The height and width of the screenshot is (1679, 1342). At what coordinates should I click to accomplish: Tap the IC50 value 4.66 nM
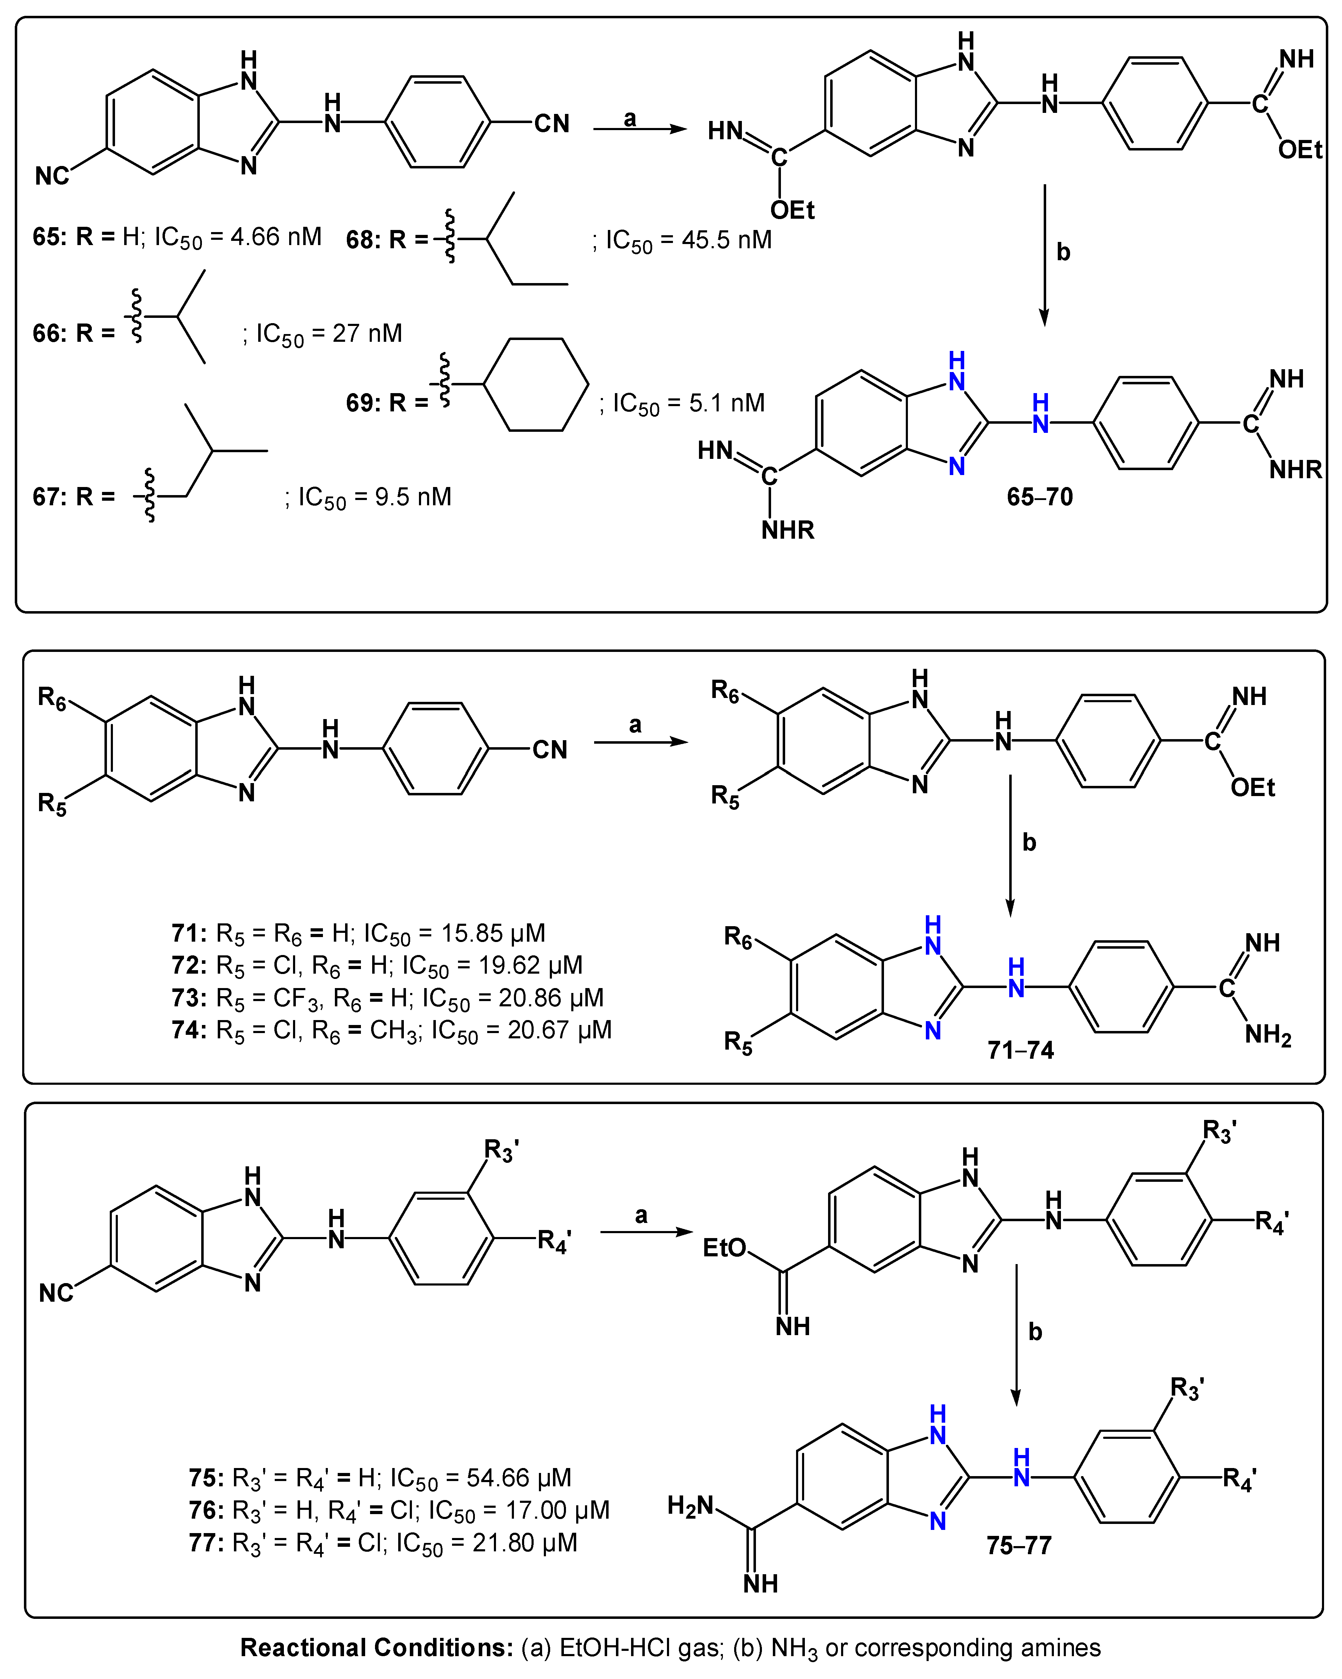pyautogui.click(x=276, y=237)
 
